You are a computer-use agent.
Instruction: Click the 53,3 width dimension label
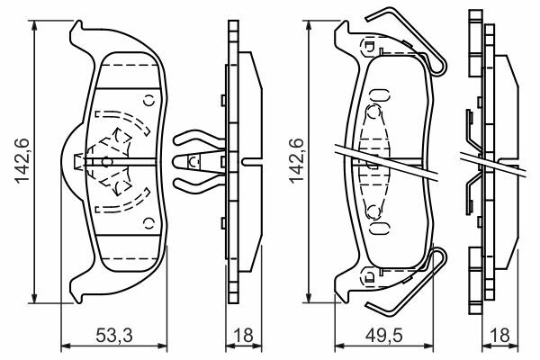coord(114,336)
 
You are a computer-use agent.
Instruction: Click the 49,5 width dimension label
coord(383,336)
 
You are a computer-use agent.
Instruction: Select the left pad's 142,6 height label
coord(22,160)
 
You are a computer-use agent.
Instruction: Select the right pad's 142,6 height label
coord(296,160)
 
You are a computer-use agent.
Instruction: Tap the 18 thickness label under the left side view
coord(243,336)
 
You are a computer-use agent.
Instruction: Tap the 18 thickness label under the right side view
coord(499,336)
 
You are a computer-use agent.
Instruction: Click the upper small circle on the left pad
coord(148,101)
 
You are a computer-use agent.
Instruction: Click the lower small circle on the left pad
coord(148,223)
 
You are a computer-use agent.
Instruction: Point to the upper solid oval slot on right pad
coord(379,94)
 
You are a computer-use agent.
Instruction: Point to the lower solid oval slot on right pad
coord(379,228)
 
